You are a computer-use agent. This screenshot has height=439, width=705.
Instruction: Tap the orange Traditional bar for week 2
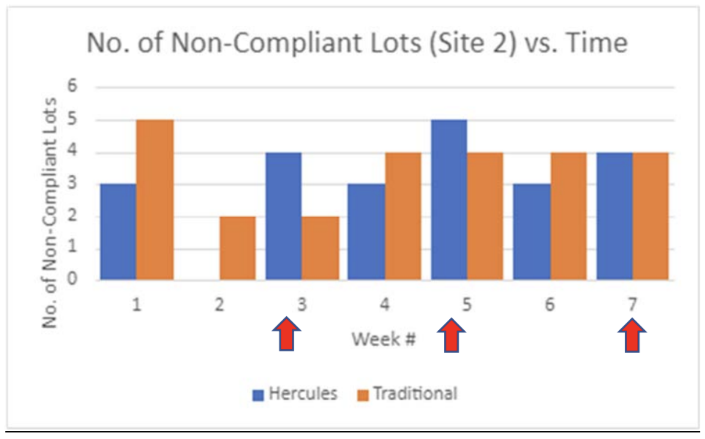(238, 248)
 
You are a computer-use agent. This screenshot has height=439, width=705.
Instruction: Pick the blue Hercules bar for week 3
(283, 216)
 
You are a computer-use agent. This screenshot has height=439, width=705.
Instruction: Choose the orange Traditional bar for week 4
(403, 216)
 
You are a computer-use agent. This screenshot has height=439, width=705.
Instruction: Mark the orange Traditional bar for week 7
(651, 216)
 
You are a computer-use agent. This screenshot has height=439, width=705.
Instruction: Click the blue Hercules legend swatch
(258, 395)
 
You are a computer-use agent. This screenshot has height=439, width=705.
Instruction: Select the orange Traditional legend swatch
(363, 395)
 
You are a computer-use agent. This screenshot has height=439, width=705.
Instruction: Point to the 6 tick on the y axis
(72, 86)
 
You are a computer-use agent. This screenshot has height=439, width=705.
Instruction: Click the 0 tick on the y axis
(72, 279)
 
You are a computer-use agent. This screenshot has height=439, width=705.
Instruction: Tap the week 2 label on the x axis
(220, 304)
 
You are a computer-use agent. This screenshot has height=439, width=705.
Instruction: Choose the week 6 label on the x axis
(550, 304)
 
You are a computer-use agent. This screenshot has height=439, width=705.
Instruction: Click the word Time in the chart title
(597, 43)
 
